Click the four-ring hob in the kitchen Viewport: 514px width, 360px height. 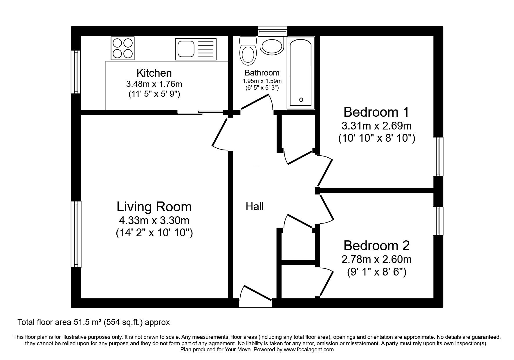(x=123, y=48)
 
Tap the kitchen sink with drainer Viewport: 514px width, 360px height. (x=196, y=48)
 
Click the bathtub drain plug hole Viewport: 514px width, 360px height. (x=301, y=100)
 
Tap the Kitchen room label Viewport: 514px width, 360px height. (x=154, y=73)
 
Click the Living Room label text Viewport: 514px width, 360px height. (x=154, y=207)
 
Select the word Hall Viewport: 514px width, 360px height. (x=255, y=207)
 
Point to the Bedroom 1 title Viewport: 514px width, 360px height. (x=376, y=112)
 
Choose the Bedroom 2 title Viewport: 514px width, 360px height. (x=376, y=246)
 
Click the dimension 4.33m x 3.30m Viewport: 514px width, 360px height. (x=154, y=221)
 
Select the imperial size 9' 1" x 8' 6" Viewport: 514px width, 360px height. (x=376, y=272)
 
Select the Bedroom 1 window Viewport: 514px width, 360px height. (x=438, y=156)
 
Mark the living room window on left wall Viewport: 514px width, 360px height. (x=76, y=234)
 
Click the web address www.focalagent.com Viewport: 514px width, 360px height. (x=309, y=350)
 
